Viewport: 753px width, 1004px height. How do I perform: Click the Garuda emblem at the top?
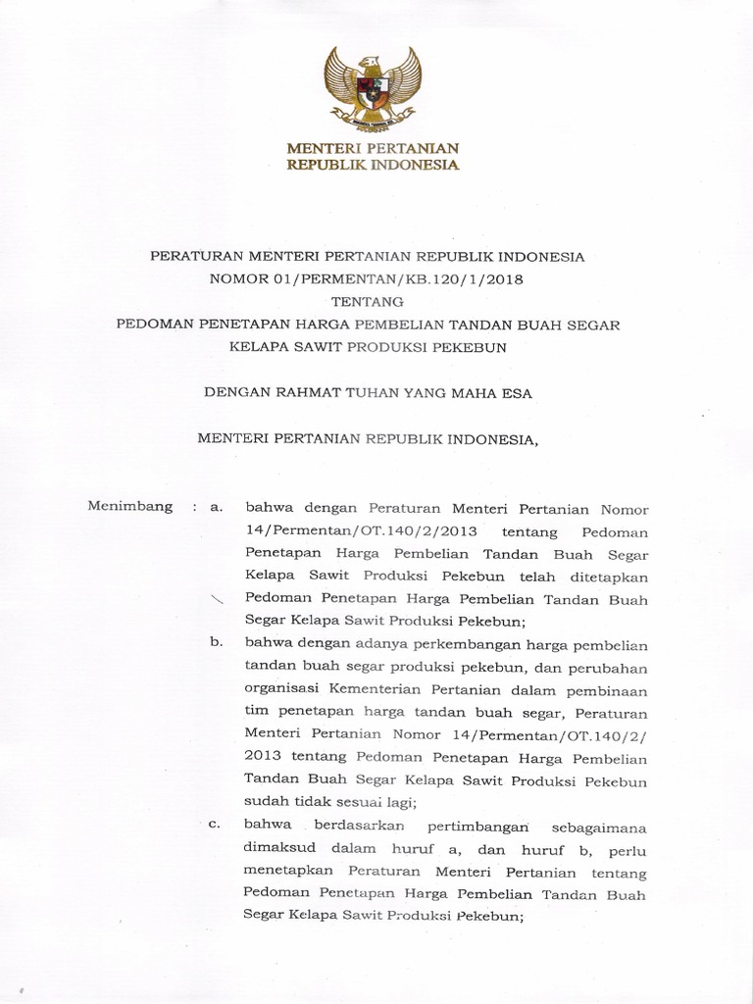point(373,87)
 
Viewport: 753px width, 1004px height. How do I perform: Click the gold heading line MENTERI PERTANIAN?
point(373,148)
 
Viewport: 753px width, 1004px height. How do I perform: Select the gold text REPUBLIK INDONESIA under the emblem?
point(373,165)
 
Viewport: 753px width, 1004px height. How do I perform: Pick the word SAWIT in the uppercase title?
point(320,347)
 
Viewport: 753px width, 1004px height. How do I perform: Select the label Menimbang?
point(130,507)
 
